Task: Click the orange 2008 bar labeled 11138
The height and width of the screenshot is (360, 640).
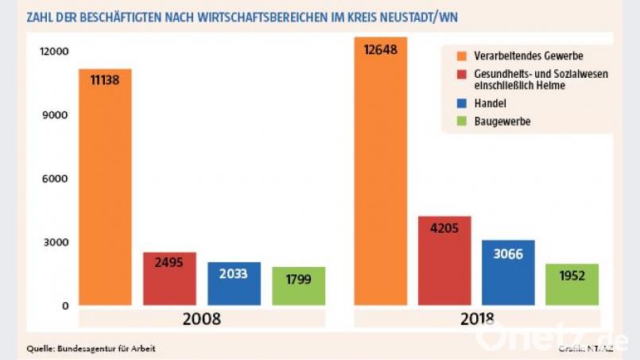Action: tap(105, 187)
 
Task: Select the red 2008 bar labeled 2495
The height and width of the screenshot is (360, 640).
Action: tap(169, 279)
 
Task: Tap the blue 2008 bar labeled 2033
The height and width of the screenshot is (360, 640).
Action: tap(234, 284)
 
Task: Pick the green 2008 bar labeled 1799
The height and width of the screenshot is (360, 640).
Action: tap(298, 286)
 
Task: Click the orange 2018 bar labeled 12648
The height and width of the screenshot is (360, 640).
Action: tap(380, 171)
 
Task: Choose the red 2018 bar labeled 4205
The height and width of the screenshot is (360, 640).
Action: tap(444, 261)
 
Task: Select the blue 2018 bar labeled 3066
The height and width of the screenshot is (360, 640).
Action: tap(508, 273)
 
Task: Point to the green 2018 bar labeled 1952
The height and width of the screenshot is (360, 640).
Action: tap(572, 285)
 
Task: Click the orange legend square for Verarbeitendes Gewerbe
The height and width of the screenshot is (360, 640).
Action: tap(462, 56)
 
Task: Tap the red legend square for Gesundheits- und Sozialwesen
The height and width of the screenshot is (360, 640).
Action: tap(462, 74)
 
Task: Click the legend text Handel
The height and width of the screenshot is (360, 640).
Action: tap(490, 103)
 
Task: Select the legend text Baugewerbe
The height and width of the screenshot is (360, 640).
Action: tap(502, 122)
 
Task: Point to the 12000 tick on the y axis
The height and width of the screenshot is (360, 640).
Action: tap(55, 52)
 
